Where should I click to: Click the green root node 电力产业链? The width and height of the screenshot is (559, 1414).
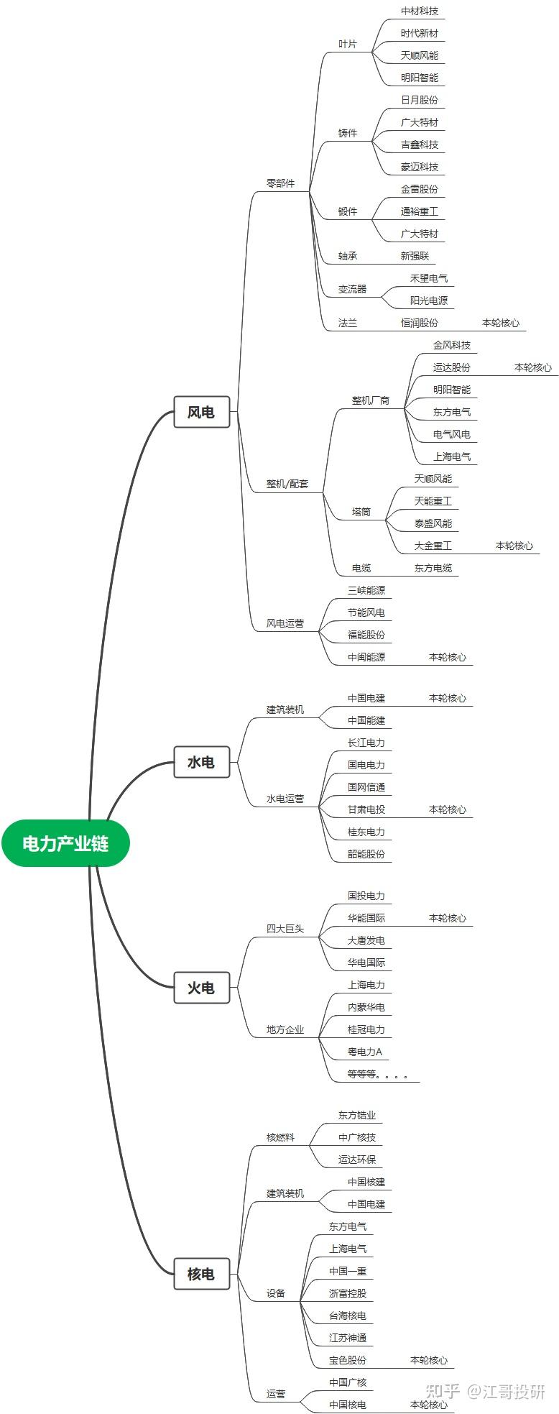(x=65, y=843)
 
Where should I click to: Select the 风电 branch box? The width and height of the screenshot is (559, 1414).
(x=201, y=412)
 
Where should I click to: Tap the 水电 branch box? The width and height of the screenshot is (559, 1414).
(x=201, y=762)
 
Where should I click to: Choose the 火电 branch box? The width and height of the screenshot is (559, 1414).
(x=201, y=988)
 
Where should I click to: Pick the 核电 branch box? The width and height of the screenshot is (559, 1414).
(x=201, y=1274)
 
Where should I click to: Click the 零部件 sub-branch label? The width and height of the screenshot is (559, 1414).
(x=280, y=183)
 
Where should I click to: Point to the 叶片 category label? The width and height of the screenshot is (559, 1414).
(x=348, y=44)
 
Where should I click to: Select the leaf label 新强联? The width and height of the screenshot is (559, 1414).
(x=415, y=256)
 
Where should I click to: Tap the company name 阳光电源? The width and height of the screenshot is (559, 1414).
(x=429, y=300)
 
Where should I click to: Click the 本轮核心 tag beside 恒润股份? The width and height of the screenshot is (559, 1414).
(x=501, y=323)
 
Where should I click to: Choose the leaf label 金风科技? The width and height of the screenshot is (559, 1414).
(x=452, y=345)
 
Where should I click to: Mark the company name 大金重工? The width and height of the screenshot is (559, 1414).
(x=433, y=546)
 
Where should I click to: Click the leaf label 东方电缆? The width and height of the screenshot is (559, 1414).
(x=433, y=568)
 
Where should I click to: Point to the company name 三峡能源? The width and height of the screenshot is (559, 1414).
(x=366, y=590)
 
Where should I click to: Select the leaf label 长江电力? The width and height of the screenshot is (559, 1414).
(x=366, y=743)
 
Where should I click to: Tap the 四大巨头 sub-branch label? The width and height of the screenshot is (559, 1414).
(x=285, y=929)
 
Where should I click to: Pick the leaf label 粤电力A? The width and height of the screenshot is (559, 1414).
(x=365, y=1052)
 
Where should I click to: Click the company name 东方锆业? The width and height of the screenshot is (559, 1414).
(x=357, y=1115)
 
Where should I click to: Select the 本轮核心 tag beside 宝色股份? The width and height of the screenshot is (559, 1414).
(x=429, y=1360)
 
